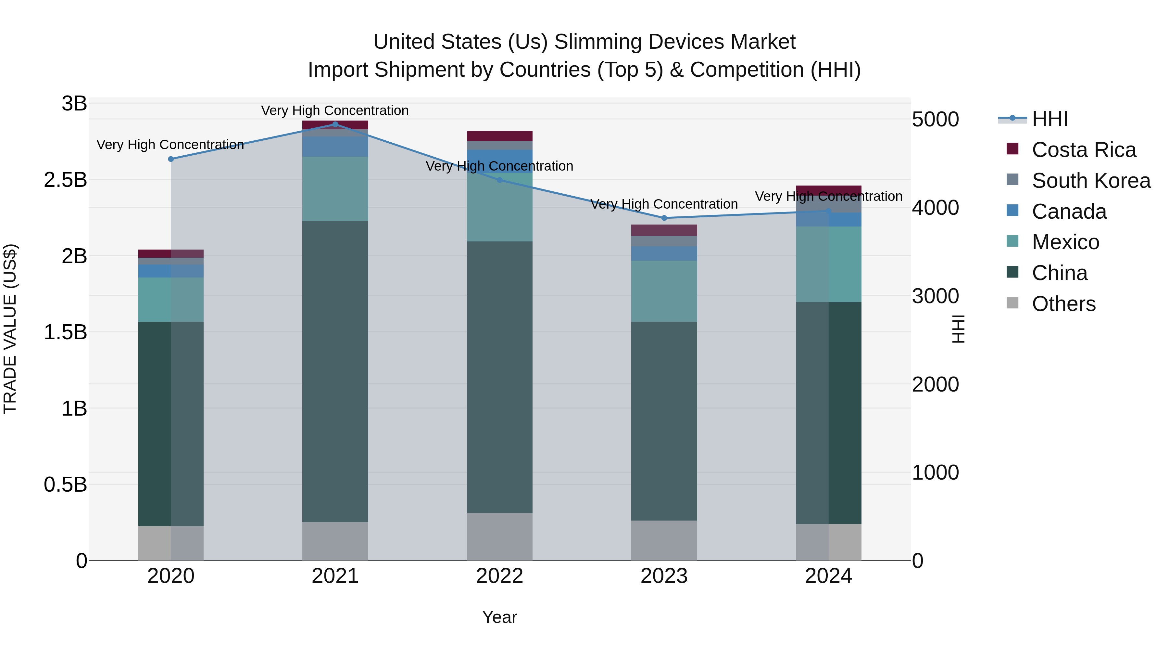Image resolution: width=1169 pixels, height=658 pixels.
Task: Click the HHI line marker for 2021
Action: (335, 124)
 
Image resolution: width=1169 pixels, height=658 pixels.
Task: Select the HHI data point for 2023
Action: (664, 218)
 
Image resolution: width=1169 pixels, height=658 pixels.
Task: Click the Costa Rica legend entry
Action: (1084, 150)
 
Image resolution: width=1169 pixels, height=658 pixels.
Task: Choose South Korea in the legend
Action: (1091, 181)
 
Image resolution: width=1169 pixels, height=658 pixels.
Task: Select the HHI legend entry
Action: (1050, 119)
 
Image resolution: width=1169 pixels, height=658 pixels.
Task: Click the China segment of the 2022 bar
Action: (500, 377)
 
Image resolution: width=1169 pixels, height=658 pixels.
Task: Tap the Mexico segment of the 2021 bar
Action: (335, 188)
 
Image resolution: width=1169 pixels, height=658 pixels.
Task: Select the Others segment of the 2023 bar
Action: (664, 540)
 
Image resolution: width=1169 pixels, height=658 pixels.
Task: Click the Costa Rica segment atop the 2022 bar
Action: (500, 136)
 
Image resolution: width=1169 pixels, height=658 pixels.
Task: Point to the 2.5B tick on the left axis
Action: (65, 180)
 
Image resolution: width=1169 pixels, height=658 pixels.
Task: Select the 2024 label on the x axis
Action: (828, 576)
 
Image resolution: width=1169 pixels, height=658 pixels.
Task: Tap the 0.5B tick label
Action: (65, 484)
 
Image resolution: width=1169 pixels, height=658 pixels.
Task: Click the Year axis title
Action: (500, 617)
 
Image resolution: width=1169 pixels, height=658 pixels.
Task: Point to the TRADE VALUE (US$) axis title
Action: (10, 329)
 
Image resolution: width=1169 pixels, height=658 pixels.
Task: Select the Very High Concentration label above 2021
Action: (335, 110)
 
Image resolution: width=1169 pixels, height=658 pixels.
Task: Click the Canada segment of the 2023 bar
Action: (664, 253)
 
